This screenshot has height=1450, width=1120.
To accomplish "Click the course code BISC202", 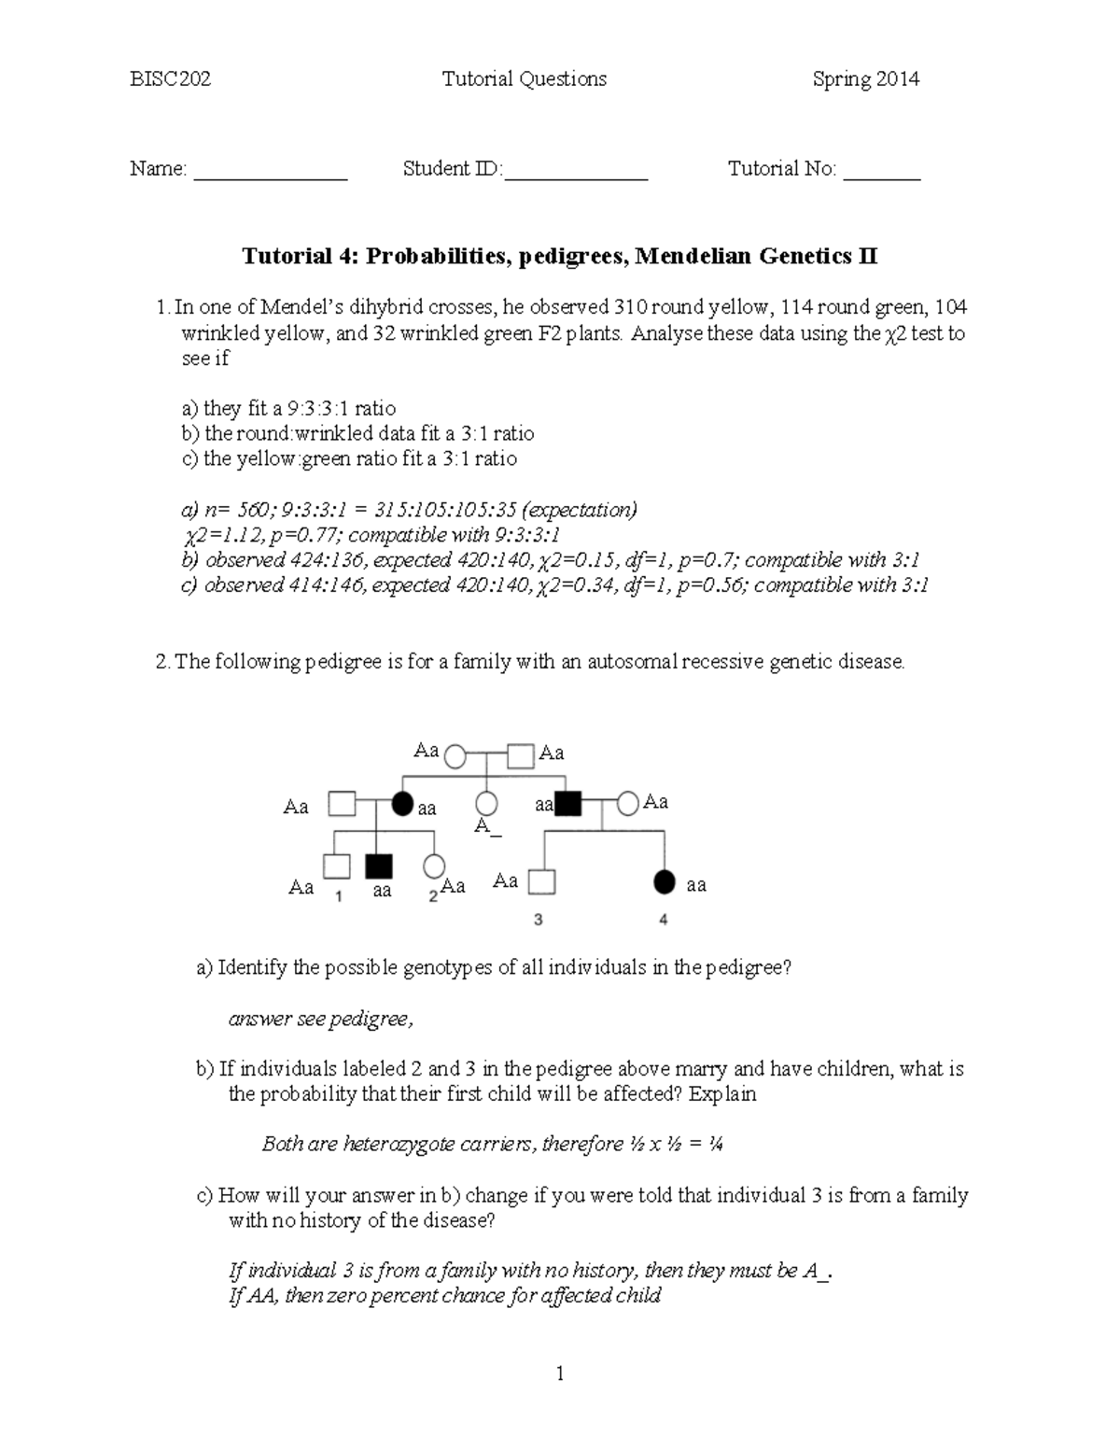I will coord(170,79).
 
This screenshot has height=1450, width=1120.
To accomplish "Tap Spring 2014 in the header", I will coord(865,79).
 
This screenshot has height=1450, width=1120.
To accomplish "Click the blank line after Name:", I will coord(271,176).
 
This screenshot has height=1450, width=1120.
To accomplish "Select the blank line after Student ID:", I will coord(576,176).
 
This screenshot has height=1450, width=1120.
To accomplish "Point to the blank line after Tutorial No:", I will coord(882,176).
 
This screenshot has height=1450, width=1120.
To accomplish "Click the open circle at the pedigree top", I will coord(455,755).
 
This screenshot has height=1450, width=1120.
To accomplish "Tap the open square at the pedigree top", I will coord(522,755).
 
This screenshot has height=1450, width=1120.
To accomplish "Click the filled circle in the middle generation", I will coord(402,804).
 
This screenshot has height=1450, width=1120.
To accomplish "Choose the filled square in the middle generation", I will coord(567,804).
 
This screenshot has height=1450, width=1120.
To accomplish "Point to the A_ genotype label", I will coord(482,826).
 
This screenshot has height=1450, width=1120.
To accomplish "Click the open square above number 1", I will coord(336,867).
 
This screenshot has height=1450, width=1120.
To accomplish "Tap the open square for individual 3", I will coord(540,881).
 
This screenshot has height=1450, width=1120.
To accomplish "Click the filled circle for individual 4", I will coord(664,881).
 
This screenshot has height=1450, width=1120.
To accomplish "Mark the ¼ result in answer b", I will coord(715,1145).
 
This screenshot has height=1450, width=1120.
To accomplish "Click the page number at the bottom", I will coord(560,1373).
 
